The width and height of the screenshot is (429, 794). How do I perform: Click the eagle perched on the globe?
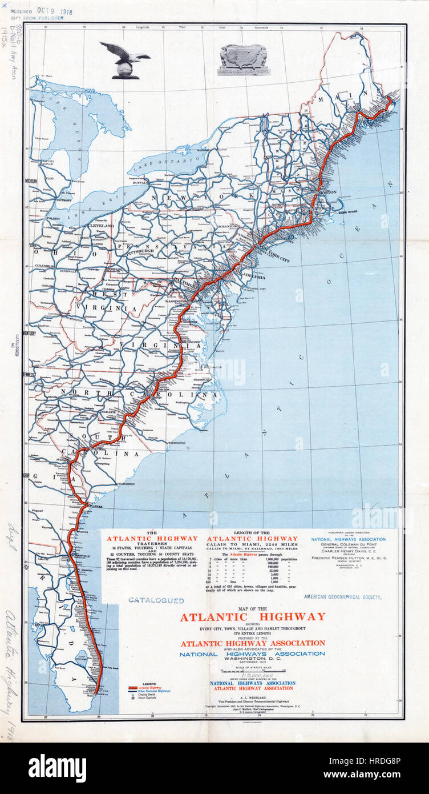pos(124,59)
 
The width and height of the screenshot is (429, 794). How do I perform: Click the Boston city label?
pos(327,193)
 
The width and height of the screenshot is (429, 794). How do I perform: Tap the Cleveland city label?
pos(100,226)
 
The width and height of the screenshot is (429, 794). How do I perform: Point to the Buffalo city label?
pos(141,183)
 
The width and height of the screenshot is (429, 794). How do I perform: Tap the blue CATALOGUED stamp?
pos(156,600)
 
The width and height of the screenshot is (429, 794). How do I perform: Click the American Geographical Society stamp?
pos(342,597)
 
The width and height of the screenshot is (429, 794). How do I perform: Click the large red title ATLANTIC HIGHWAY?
pos(253,617)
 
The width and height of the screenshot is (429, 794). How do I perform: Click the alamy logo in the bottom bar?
pos(57,768)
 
